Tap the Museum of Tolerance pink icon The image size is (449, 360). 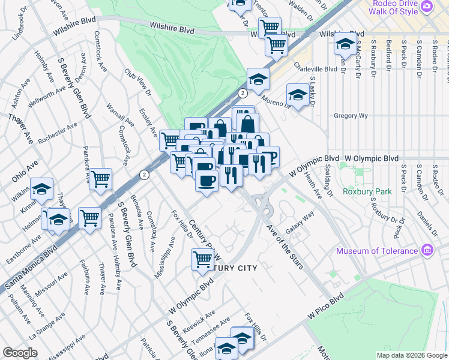coord(427,250)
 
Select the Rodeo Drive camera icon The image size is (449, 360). coord(427,7)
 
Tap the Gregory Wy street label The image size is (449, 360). coord(350,115)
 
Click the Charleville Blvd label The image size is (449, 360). coord(315,69)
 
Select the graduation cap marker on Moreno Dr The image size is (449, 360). coord(298,95)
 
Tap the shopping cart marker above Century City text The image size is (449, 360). coord(202,259)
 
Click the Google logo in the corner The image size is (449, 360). coord(20,352)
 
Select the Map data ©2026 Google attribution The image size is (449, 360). coord(411,355)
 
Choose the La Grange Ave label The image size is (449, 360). coord(42,327)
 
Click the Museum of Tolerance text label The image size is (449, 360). coord(377,251)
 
